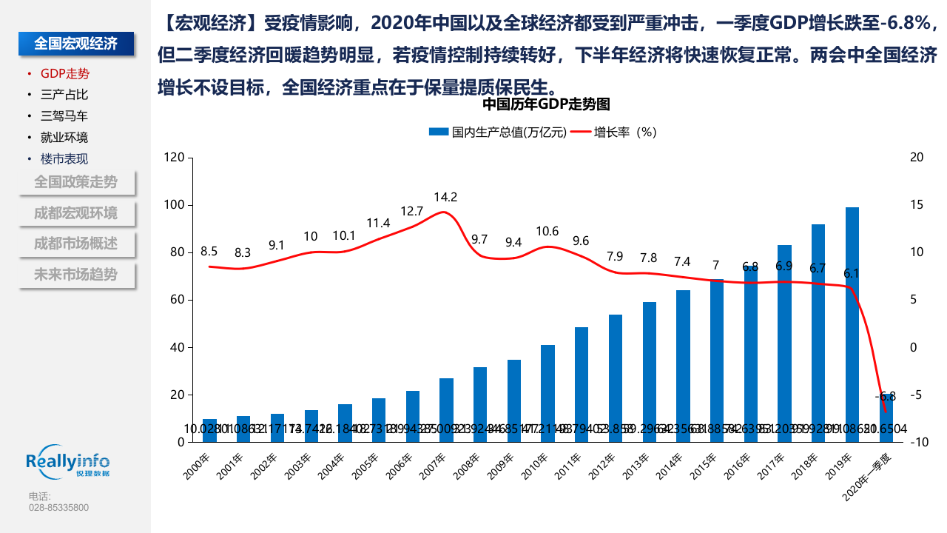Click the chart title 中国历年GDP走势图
pos(546,104)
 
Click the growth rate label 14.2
pos(445,197)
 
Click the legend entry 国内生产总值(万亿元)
pos(498,132)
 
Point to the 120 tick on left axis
pos(174,157)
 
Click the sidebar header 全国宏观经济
pos(76,44)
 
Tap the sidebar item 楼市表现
pos(64,158)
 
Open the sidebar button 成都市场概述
pos(75,244)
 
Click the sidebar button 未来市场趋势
pos(75,275)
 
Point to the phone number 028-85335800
pos(58,508)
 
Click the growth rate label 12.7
pos(411,211)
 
